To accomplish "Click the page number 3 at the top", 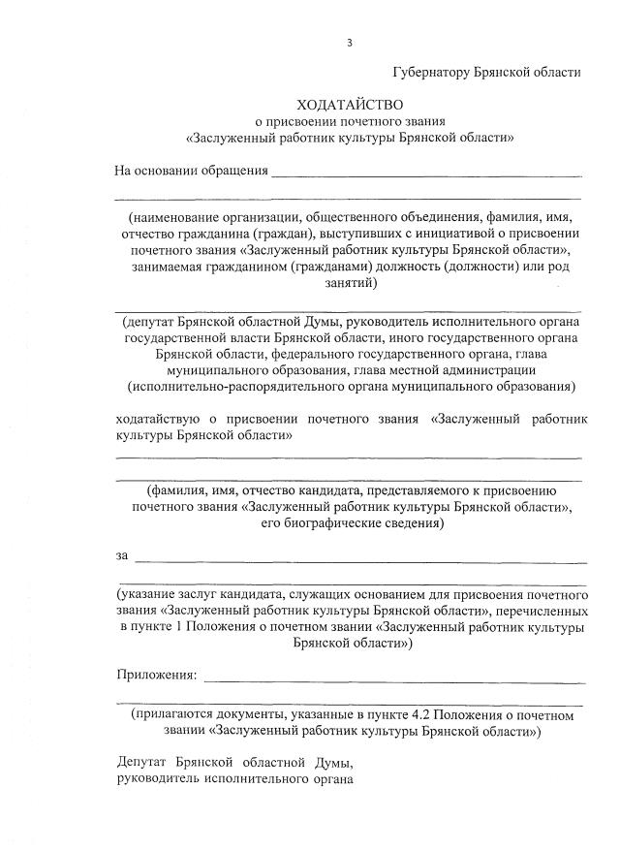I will [349, 43].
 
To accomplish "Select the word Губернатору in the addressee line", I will [431, 73].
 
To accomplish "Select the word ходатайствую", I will [156, 419].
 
